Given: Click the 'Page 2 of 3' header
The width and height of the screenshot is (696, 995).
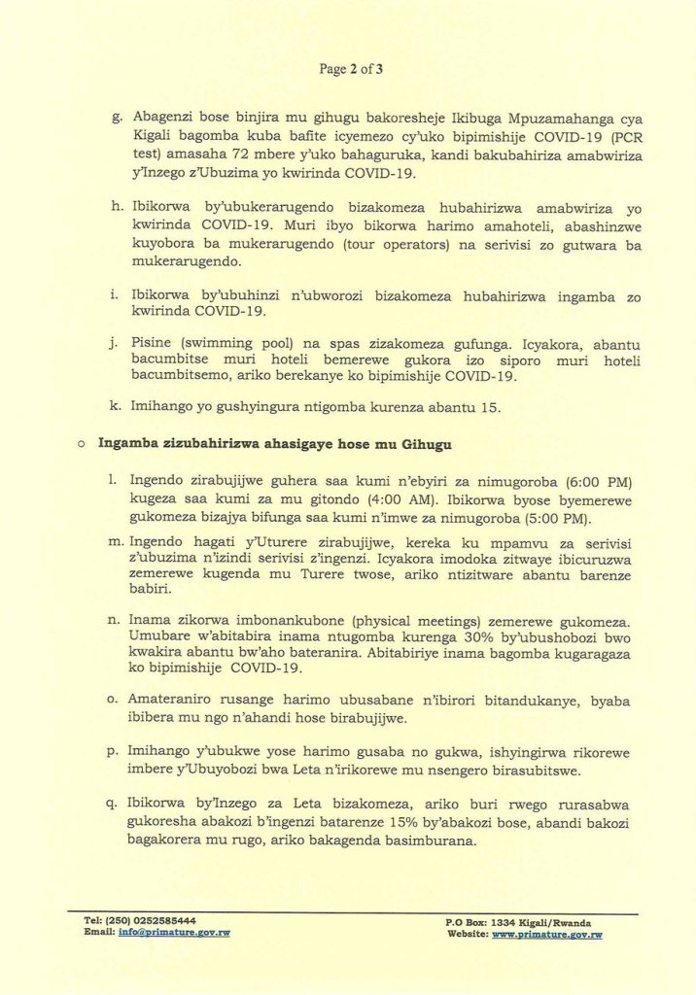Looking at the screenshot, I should pos(351,69).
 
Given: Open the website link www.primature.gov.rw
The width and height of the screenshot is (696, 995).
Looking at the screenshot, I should pos(546,934).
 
